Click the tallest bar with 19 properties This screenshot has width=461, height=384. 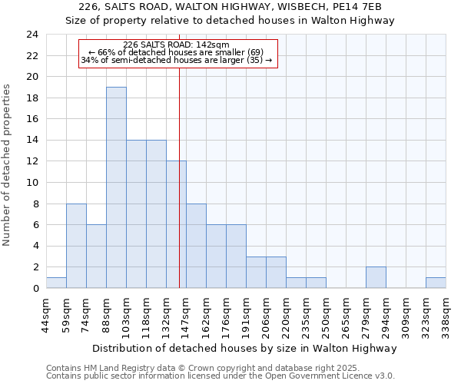coord(116,187)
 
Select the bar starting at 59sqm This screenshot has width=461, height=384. coord(76,246)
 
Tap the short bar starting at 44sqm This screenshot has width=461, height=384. coord(56,283)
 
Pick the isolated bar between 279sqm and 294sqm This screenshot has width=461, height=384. coord(376,277)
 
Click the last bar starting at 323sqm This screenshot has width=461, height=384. coord(436,283)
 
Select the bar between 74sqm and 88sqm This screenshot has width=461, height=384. coord(96,257)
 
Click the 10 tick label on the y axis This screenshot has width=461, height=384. coord(32,183)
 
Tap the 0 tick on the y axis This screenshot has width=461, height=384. coord(35,289)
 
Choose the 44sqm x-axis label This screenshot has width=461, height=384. coord(47,315)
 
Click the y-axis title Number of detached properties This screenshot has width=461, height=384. coord(8,165)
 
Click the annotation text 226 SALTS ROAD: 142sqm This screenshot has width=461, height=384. coord(176,45)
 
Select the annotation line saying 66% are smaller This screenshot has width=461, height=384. coord(176,52)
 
